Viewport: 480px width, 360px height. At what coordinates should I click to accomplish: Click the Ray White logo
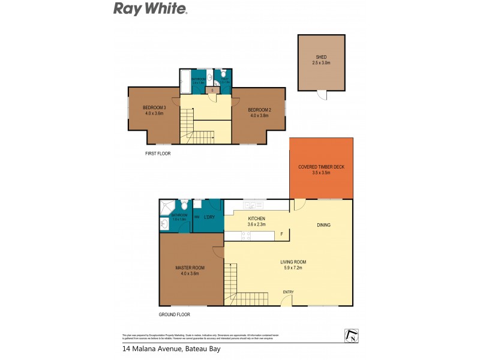pos(151,8)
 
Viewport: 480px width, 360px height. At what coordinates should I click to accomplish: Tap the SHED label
pos(322,56)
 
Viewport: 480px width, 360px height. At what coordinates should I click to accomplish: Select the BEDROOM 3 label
pos(154,108)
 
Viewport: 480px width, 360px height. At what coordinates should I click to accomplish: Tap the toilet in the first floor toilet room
pos(223,75)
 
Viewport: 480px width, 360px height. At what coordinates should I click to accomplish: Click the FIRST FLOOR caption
pos(158,154)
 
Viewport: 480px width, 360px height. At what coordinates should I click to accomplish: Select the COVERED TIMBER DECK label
pos(322,167)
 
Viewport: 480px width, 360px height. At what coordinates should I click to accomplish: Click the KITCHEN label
pos(256,218)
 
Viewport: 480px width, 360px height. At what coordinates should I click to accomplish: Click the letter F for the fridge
pos(281,234)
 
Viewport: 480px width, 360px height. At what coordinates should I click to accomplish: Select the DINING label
pos(324,225)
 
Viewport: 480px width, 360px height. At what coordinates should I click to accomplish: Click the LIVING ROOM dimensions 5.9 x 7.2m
pos(293,268)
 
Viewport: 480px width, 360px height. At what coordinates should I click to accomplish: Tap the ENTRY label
pos(289,292)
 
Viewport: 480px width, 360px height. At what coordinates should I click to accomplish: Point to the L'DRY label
pos(209,217)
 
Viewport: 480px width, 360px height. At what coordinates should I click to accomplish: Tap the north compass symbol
pos(352,335)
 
